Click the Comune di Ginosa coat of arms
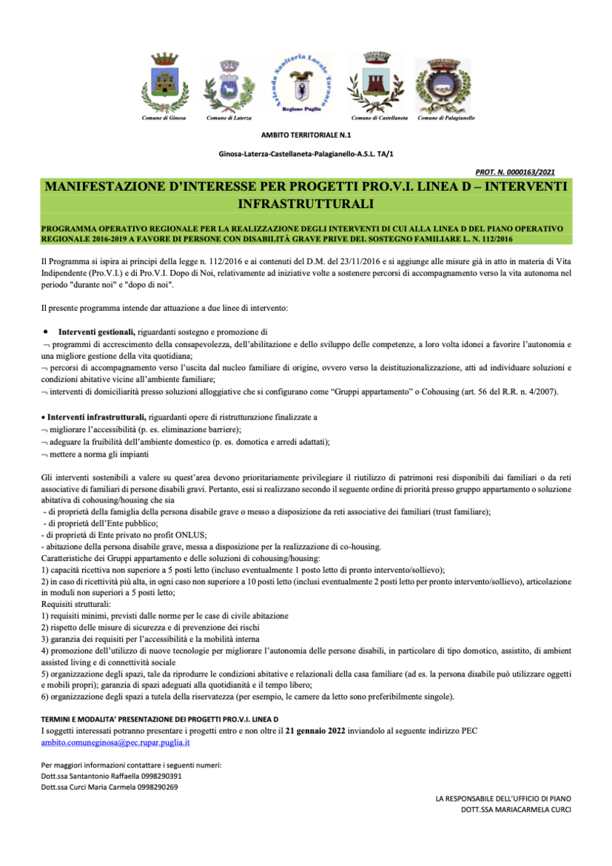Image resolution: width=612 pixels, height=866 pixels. click(164, 84)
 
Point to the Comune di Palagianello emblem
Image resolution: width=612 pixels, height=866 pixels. click(443, 85)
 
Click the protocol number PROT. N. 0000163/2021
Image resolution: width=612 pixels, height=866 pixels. click(525, 170)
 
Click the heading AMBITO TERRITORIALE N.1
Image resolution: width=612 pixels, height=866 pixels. click(306, 135)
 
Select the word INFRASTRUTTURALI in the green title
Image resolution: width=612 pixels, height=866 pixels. click(306, 202)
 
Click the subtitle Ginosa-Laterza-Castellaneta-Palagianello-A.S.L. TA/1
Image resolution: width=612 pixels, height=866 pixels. click(306, 153)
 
